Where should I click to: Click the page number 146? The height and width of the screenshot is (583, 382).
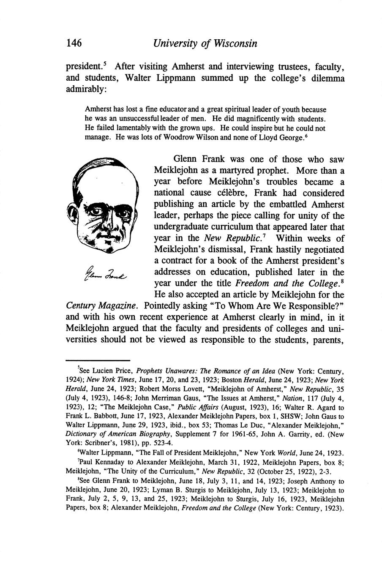tap(74, 43)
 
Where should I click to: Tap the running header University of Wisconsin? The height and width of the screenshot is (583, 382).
tap(205, 44)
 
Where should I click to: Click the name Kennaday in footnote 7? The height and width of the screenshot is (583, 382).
tap(107, 463)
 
